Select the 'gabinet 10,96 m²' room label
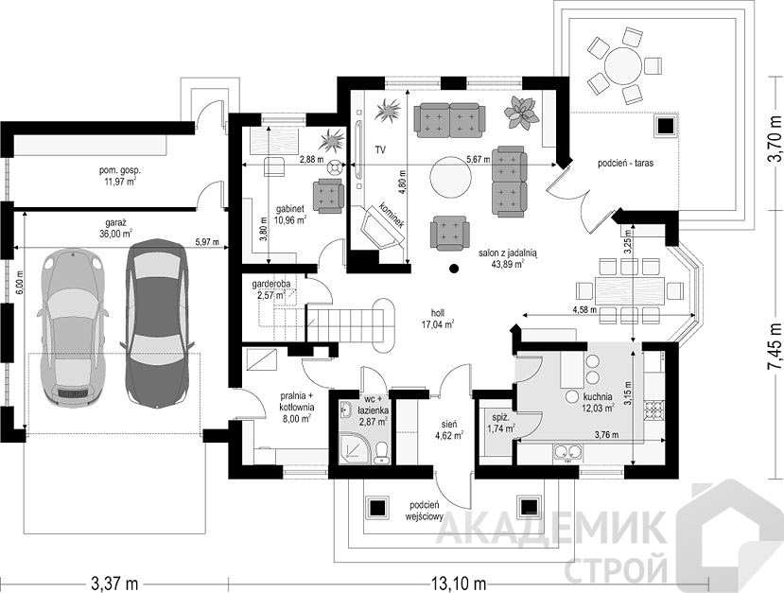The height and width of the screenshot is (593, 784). [290, 214]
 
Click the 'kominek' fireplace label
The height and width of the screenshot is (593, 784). [392, 215]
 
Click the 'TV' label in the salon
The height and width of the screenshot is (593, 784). [382, 149]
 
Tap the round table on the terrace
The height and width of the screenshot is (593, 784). [622, 65]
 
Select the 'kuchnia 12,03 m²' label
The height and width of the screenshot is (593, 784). [598, 403]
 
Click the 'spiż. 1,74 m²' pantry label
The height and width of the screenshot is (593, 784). [500, 423]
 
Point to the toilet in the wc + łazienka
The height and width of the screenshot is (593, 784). [382, 452]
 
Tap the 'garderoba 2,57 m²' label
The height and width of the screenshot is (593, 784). [270, 289]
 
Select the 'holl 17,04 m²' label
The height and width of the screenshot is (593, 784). [438, 319]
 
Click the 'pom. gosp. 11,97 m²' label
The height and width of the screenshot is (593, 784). [118, 176]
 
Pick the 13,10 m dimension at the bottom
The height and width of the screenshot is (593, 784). [458, 583]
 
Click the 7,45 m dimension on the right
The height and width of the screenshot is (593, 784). [775, 345]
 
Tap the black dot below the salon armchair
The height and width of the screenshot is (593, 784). [454, 269]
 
